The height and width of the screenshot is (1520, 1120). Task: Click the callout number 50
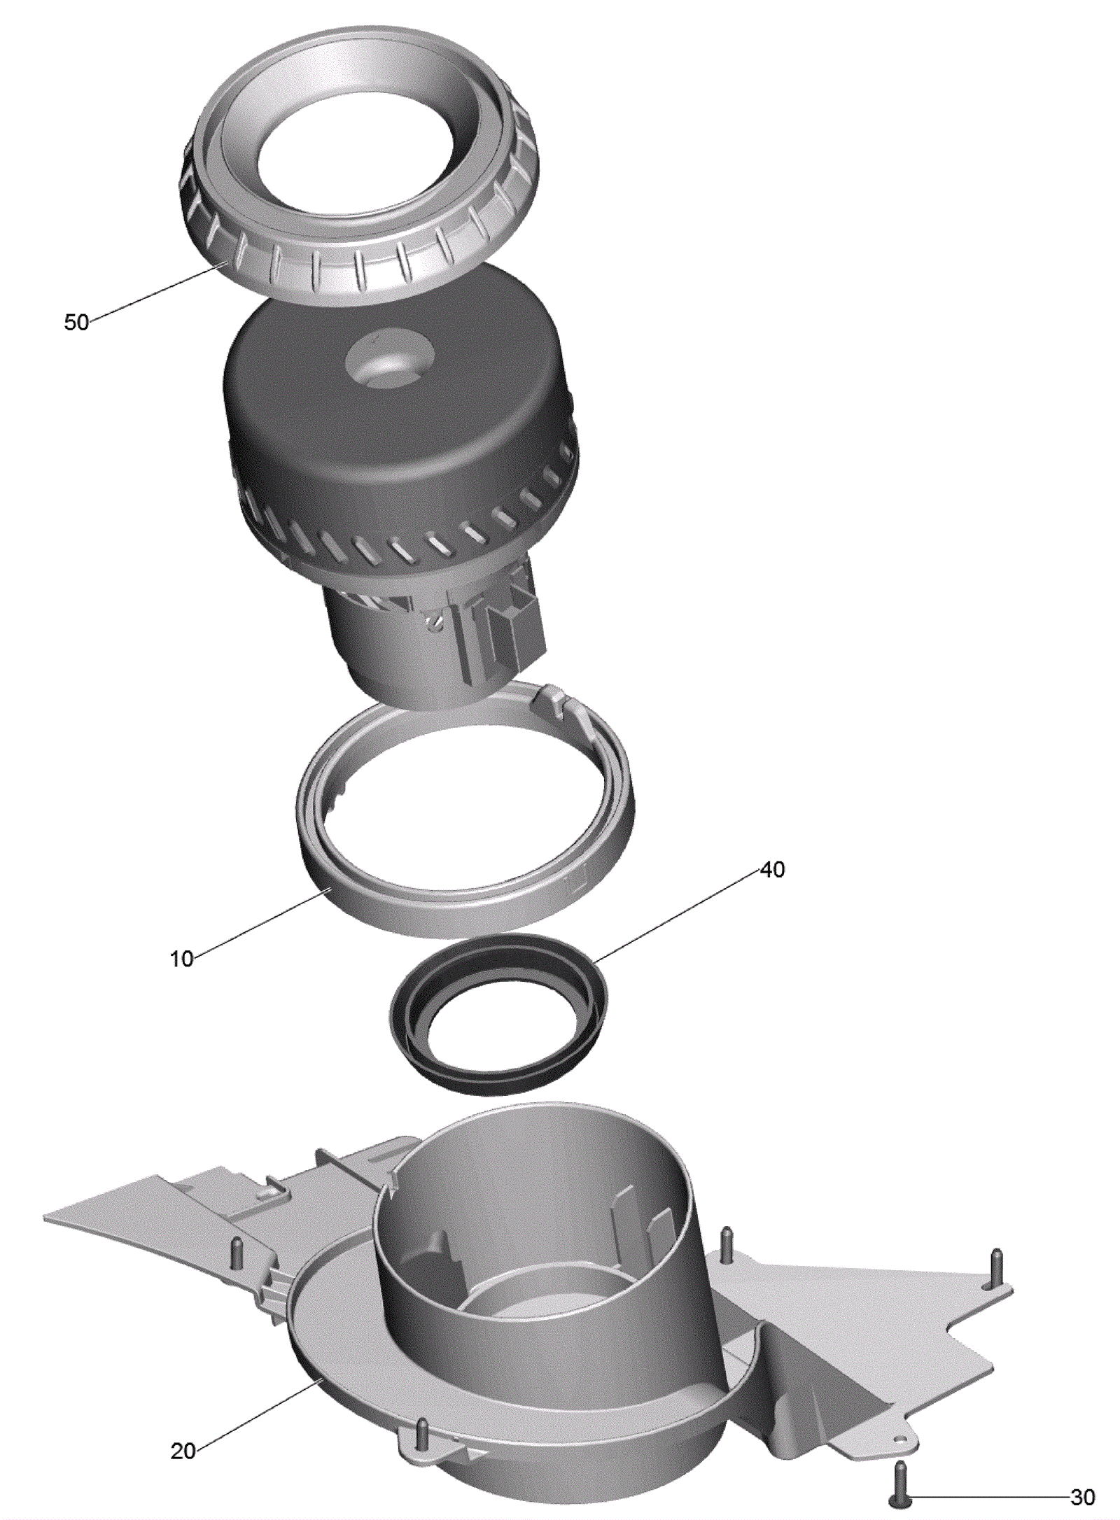(x=76, y=323)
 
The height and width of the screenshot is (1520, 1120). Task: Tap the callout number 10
(x=182, y=958)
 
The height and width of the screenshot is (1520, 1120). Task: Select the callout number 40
(x=772, y=869)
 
